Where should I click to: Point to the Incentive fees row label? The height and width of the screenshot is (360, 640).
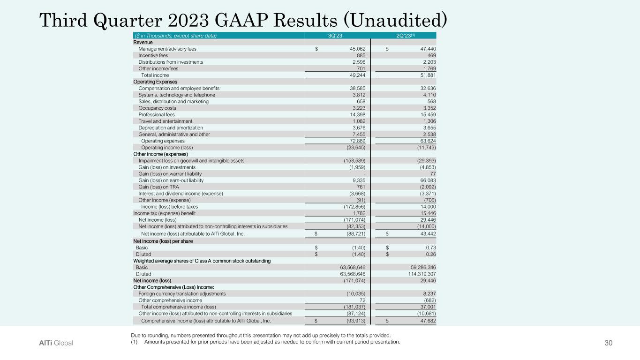153,55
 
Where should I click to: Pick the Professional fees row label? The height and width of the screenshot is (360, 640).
157,114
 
